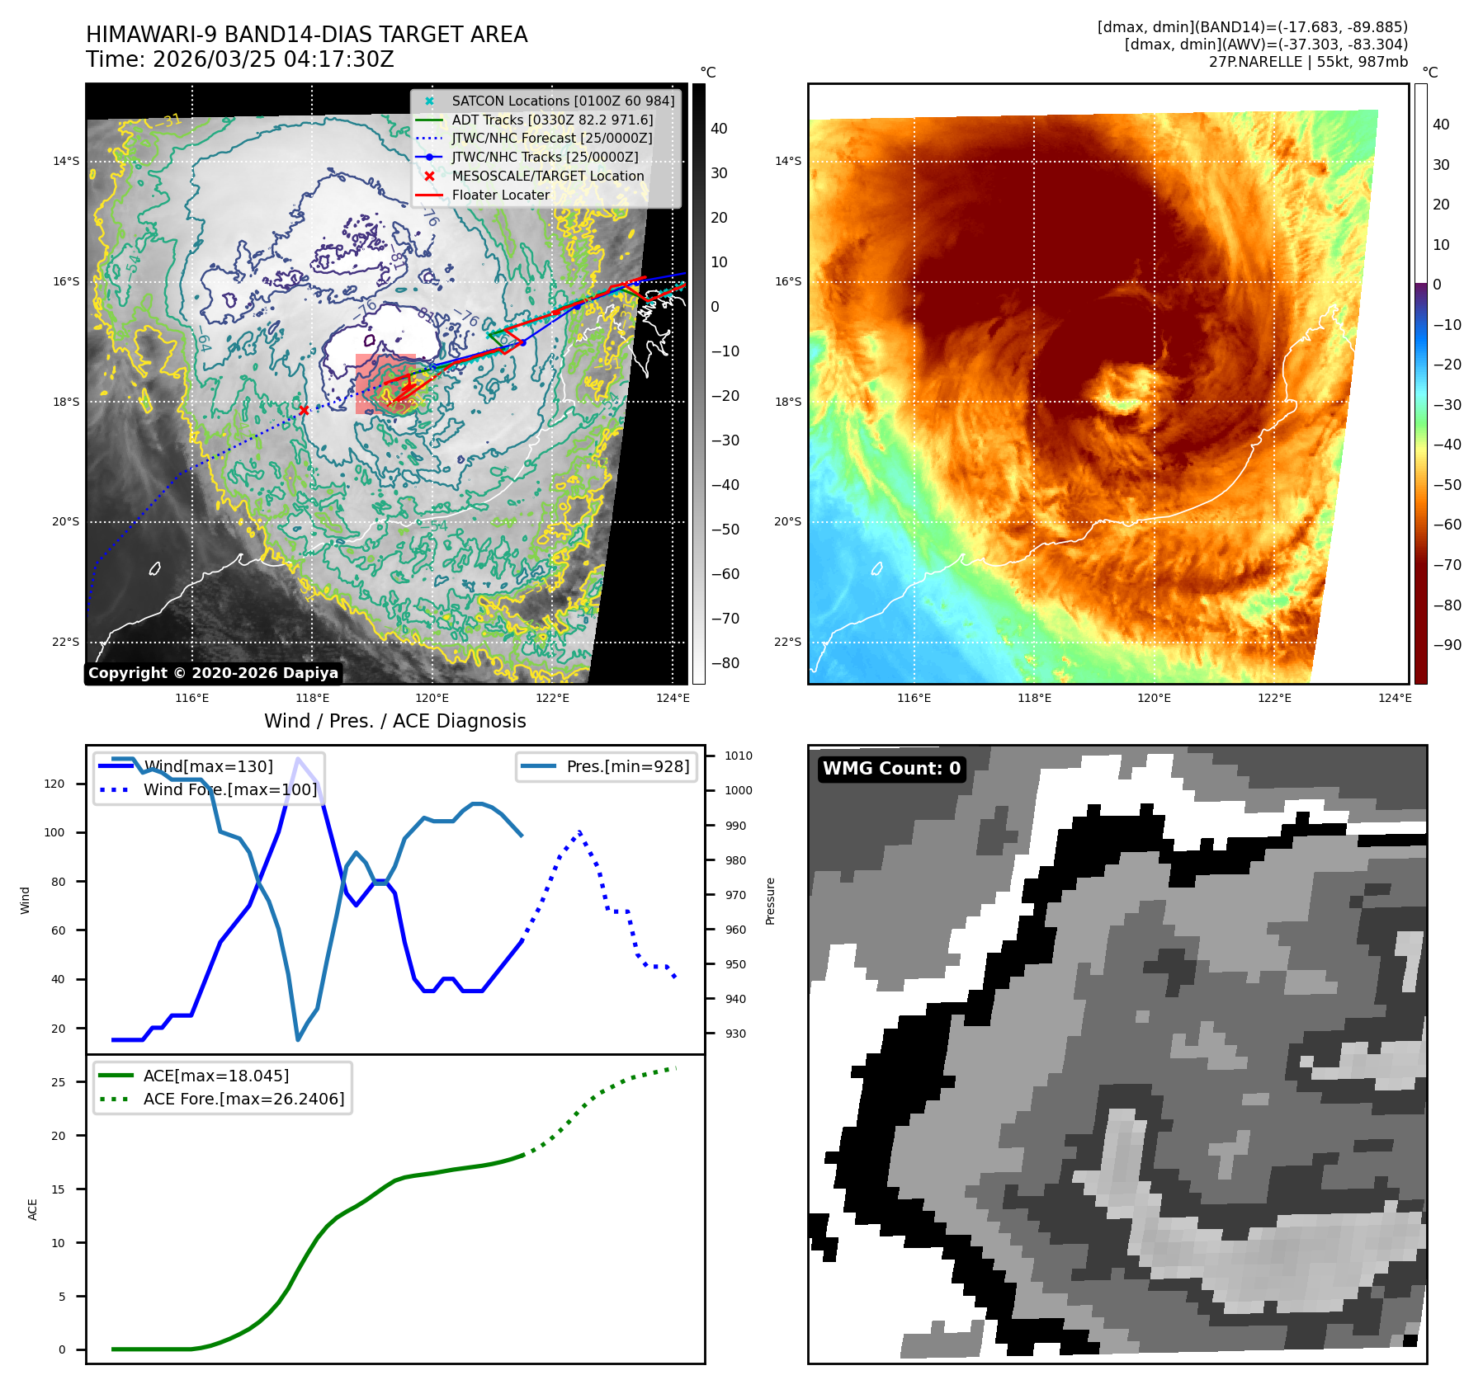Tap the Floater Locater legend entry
click(x=500, y=195)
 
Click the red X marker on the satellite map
click(x=304, y=410)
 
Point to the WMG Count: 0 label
click(x=891, y=769)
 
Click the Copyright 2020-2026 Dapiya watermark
click(x=213, y=673)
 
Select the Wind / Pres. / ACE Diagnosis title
click(x=394, y=721)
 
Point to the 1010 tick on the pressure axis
click(x=738, y=756)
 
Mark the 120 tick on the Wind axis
click(x=54, y=784)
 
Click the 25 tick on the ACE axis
click(x=58, y=1082)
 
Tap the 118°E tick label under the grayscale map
click(x=313, y=698)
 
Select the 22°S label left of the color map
click(x=787, y=642)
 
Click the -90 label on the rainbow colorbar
click(x=1447, y=645)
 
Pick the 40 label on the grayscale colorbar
click(x=719, y=129)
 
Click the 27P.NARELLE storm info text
click(x=1308, y=62)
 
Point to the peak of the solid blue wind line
click(x=298, y=758)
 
